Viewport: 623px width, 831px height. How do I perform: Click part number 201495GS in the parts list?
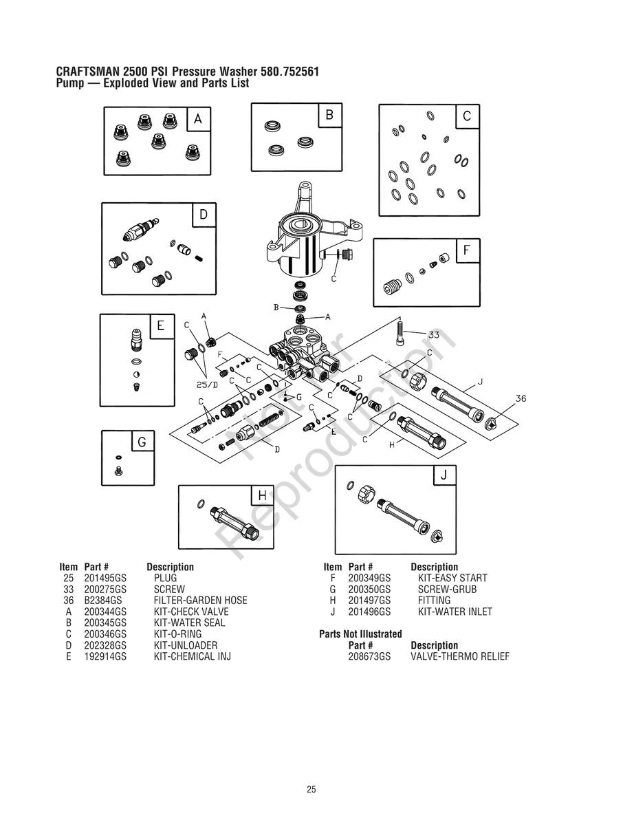click(x=105, y=579)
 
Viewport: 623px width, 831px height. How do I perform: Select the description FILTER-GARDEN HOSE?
click(x=200, y=601)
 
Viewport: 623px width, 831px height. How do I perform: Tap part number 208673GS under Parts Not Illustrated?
click(x=369, y=657)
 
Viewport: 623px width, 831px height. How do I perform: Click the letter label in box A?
click(x=198, y=120)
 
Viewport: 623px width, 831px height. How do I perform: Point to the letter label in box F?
click(x=468, y=251)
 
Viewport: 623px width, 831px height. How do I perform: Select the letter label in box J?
click(x=444, y=475)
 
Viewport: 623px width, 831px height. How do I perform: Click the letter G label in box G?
click(x=142, y=442)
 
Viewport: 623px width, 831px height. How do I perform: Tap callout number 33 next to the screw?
click(x=434, y=334)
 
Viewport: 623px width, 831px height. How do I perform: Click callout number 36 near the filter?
click(x=521, y=398)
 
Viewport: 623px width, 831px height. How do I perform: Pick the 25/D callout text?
click(x=207, y=385)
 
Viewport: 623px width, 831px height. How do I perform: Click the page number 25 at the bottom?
click(x=311, y=790)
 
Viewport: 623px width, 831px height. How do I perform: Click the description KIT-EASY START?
click(x=452, y=579)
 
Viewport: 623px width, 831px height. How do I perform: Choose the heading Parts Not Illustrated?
click(x=360, y=634)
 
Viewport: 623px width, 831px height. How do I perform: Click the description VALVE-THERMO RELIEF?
click(x=460, y=657)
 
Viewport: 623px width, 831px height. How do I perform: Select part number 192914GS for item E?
click(x=105, y=656)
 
